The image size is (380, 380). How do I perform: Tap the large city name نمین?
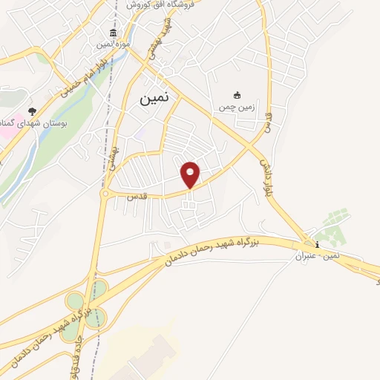(x=154, y=96)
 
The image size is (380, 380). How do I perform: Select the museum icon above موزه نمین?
(x=112, y=33)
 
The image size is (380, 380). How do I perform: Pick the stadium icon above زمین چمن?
(x=237, y=95)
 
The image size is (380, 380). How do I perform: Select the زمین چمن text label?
(x=235, y=108)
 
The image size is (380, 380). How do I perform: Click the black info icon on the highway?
(x=318, y=245)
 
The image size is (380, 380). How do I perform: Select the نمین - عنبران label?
(x=318, y=257)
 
